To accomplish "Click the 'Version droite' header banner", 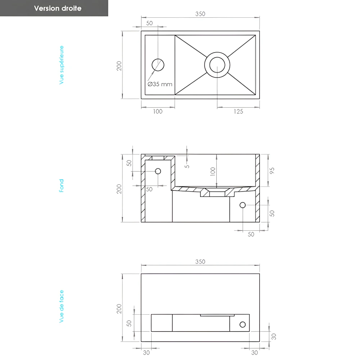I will pos(58,8).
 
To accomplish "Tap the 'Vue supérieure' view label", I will pos(62,65).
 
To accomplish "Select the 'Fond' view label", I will pos(62,186).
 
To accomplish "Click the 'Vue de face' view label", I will pos(62,306).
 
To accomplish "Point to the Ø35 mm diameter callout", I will pos(160,84).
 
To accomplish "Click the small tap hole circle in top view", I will pos(158,65).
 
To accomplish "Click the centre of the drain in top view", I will pos(217,65).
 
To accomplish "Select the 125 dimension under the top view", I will pos(238,112).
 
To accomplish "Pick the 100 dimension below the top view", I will pos(158,112).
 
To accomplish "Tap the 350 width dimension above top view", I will pos(200,14).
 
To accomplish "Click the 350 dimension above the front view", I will pos(200,262).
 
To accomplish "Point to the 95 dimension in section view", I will pos(272,170).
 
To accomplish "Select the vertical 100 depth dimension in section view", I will pos(213,172).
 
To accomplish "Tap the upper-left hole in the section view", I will pos(158,171).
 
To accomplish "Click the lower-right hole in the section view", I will pos(243,205).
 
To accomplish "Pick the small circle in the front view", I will pos(243,325).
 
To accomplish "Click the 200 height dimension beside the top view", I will pos(120,65).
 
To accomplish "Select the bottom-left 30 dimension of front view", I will pos(146,353).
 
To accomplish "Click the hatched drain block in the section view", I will pos(217,194).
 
